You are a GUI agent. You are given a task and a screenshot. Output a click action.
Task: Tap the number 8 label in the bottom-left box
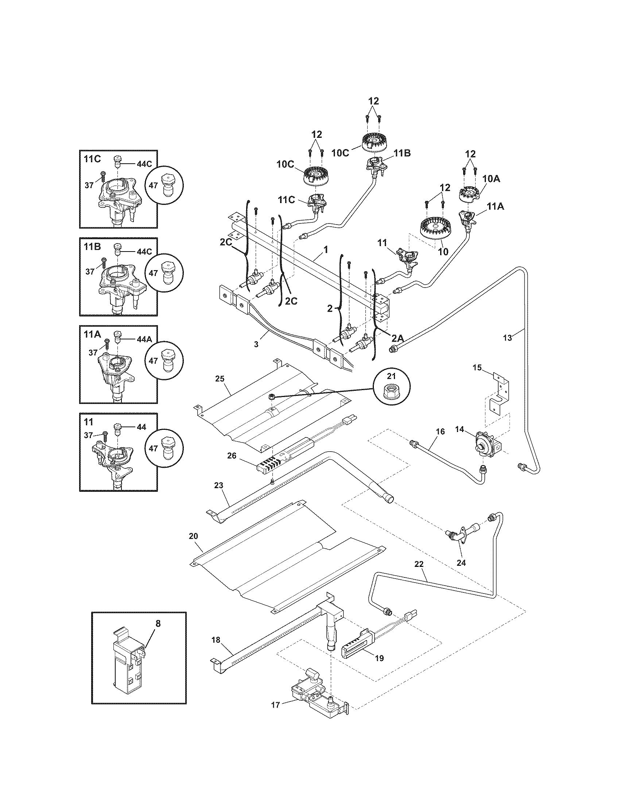[158, 623]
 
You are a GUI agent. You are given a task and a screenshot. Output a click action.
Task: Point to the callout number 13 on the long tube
[507, 338]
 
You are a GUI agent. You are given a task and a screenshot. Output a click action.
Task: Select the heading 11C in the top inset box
[92, 159]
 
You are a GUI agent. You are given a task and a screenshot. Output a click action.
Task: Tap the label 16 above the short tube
[440, 431]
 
